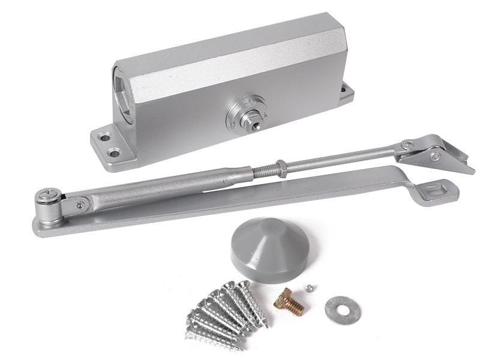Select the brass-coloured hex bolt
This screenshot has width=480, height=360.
click(289, 304)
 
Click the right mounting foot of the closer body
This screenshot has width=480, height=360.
click(344, 89)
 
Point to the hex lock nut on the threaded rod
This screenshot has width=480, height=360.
click(281, 167)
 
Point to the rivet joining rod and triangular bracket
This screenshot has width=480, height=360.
click(408, 145)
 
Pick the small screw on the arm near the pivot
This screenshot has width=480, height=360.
click(80, 205)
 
